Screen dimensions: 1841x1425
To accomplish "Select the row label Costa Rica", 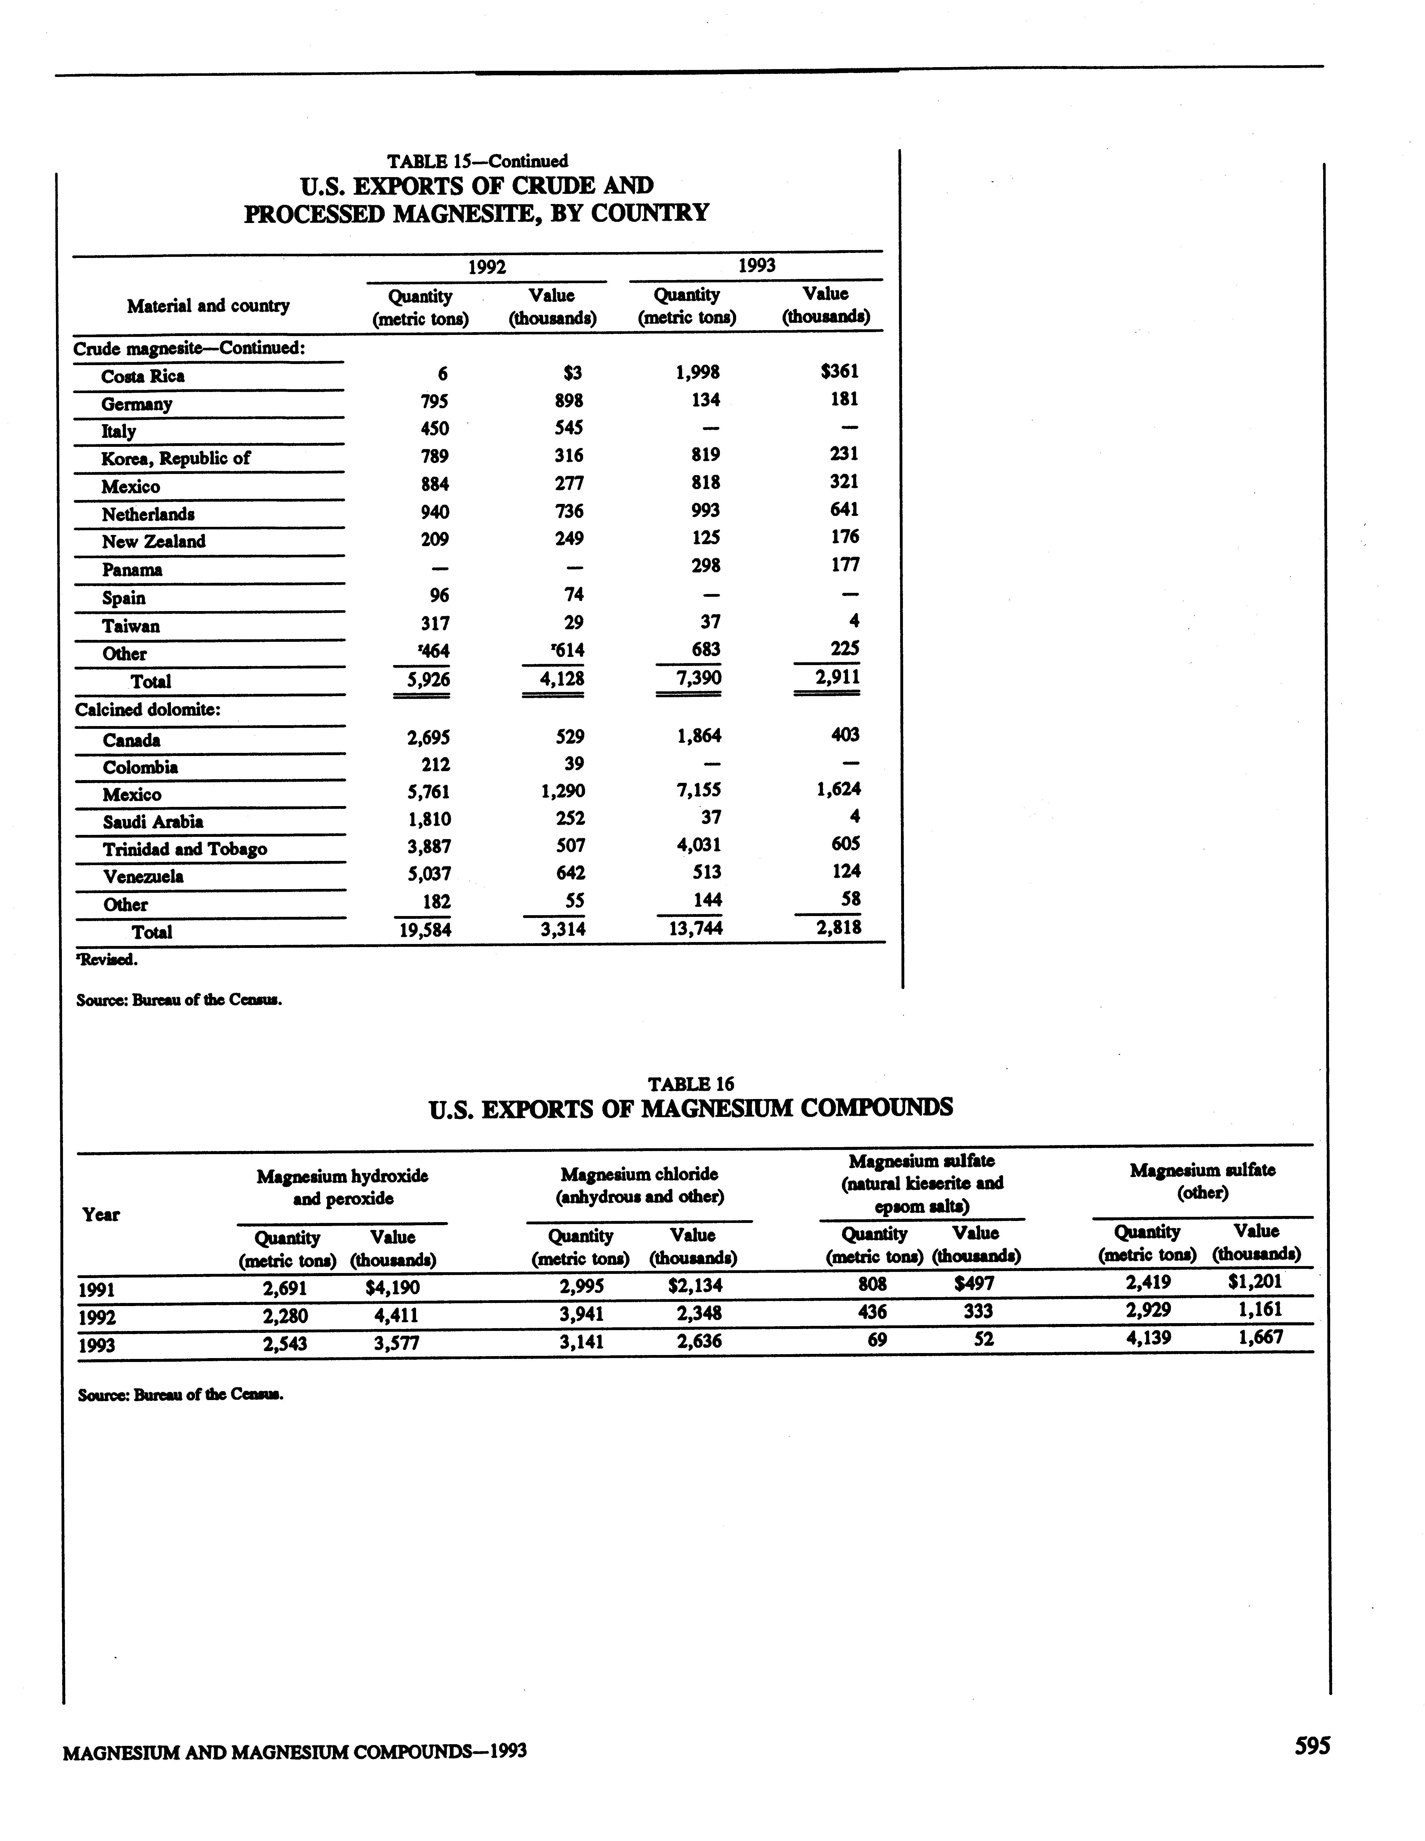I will (x=142, y=376).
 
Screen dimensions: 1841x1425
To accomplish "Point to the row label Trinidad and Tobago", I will (x=185, y=849).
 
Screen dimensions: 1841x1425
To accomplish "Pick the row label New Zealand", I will (x=153, y=541).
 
